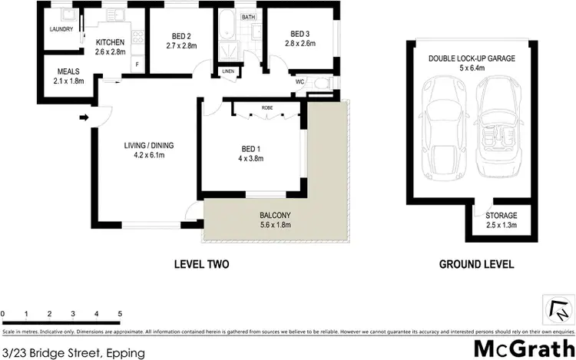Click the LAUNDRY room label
(61, 29)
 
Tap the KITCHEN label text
(110, 42)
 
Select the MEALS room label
(67, 71)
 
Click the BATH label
(248, 17)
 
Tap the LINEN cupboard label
(227, 72)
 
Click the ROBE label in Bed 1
(267, 108)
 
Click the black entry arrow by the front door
(83, 117)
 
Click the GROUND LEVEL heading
(476, 265)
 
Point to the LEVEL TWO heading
(203, 265)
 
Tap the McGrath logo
(522, 345)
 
